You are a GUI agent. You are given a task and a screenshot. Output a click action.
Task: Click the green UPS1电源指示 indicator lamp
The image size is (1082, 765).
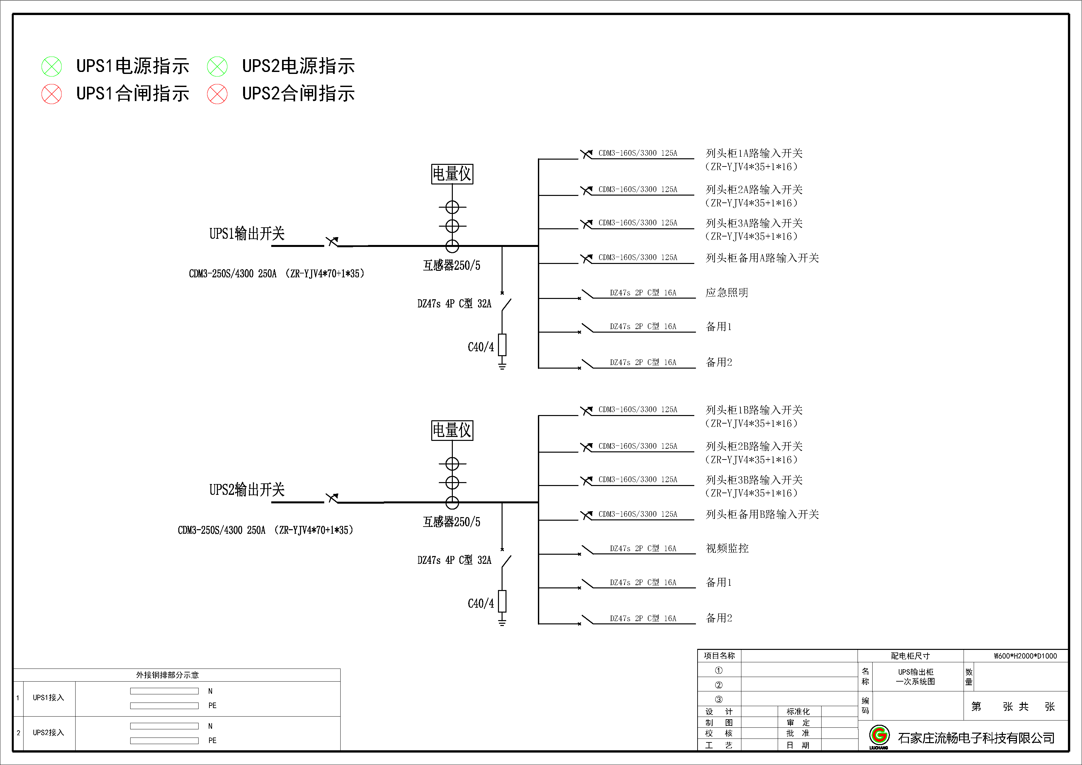51,66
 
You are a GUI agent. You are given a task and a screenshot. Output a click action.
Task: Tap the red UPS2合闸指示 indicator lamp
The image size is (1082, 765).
217,94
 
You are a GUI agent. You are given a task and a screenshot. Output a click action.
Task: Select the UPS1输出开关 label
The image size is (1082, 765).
247,233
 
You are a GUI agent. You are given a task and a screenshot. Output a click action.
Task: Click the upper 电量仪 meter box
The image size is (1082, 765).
452,174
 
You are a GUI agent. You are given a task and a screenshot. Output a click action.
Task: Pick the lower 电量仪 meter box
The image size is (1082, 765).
452,430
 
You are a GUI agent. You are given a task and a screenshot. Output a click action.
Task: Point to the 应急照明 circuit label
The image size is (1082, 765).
727,292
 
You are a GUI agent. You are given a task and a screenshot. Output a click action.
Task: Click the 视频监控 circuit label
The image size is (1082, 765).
727,548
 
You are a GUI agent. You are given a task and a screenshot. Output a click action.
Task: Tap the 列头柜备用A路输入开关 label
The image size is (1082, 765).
762,258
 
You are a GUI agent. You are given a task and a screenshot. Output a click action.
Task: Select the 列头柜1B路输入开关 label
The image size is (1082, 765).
754,410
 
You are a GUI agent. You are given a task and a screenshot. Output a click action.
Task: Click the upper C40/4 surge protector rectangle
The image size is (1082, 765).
502,344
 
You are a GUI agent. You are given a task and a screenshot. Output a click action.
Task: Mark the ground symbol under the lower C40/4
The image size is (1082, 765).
502,622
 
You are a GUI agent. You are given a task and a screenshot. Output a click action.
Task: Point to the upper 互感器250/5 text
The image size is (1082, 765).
452,266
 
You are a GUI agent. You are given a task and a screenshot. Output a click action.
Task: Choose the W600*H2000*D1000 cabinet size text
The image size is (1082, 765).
1025,656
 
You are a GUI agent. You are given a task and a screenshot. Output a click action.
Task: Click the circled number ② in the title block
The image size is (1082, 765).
719,685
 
